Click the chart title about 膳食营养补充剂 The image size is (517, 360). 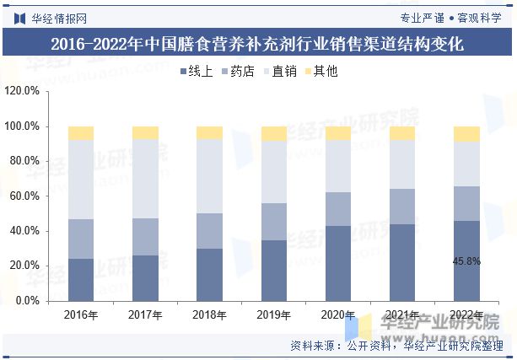(x=257, y=44)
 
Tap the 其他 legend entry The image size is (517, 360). (x=320, y=72)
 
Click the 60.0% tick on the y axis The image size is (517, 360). (x=25, y=196)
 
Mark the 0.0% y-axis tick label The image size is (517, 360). (x=29, y=300)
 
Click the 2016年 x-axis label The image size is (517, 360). (x=81, y=315)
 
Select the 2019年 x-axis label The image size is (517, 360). (x=274, y=315)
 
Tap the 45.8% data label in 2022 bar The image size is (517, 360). (x=466, y=261)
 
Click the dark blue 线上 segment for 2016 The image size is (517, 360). (x=81, y=279)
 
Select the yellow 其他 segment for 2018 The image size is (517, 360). (x=209, y=132)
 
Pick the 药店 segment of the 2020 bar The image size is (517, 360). (x=338, y=208)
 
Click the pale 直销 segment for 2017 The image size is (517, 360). (x=145, y=179)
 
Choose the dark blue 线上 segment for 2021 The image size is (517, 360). (x=402, y=262)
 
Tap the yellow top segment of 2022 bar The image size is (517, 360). (x=466, y=133)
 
